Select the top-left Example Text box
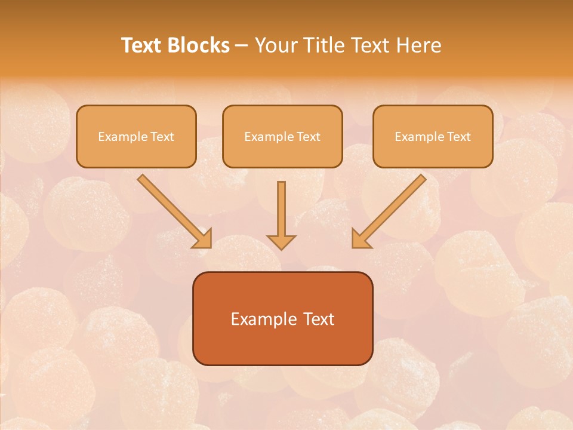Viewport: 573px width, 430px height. pyautogui.click(x=136, y=136)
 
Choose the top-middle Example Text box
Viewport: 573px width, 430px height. pyautogui.click(x=282, y=136)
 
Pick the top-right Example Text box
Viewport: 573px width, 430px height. pyautogui.click(x=433, y=136)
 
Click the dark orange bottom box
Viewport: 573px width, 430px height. pyautogui.click(x=282, y=318)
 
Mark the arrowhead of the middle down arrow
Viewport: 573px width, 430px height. pyautogui.click(x=281, y=241)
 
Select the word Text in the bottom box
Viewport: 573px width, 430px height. pyautogui.click(x=321, y=319)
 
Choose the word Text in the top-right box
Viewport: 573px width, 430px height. pyautogui.click(x=458, y=137)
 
